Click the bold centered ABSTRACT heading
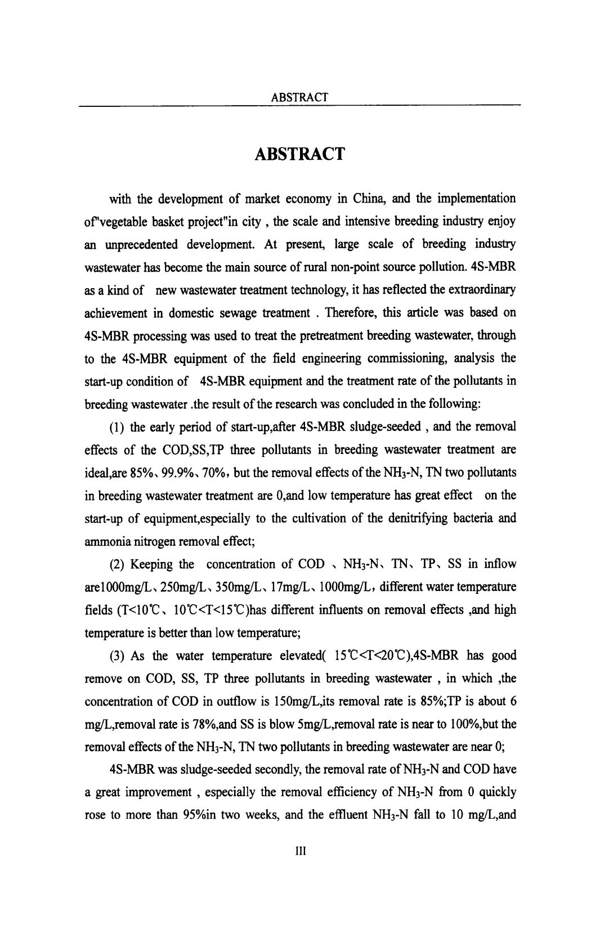click(299, 154)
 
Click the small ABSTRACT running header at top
click(299, 97)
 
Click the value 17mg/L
click(274, 587)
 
